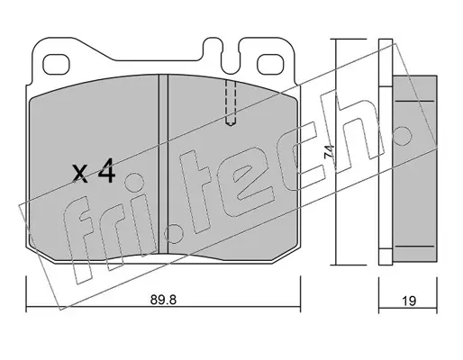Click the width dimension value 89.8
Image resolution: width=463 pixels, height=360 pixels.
coord(163,300)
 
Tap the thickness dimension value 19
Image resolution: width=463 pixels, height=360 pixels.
coord(409,301)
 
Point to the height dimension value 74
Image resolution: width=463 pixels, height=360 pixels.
coord(329,152)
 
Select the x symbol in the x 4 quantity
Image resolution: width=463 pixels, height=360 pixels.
coord(80,174)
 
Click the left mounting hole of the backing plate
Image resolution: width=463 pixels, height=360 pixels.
coord(56,64)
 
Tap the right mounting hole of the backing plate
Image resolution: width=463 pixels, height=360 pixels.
coord(270,64)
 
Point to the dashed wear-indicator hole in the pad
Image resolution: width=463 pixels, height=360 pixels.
coord(231,103)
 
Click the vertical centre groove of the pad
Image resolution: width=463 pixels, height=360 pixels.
coord(163,165)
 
